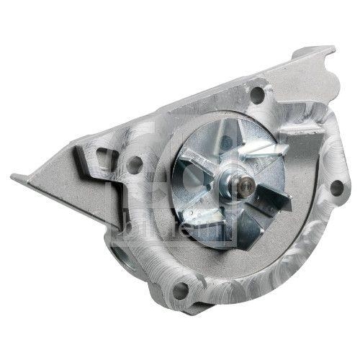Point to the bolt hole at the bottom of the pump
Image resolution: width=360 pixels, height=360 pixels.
tap(181, 290)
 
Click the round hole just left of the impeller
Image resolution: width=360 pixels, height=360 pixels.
tap(133, 164)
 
